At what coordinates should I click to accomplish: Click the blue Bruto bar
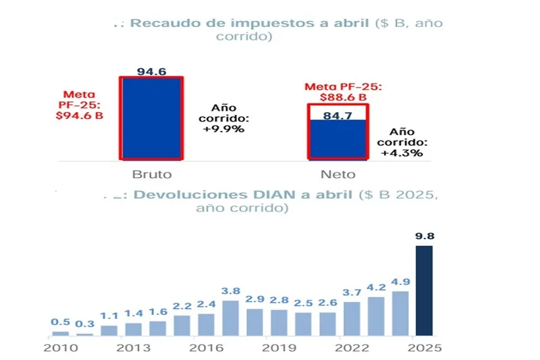click(151, 118)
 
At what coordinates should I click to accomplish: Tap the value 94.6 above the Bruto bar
click(151, 71)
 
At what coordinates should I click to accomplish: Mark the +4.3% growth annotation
click(403, 153)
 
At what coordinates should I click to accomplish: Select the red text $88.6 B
click(344, 97)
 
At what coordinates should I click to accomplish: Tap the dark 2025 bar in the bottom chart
click(424, 290)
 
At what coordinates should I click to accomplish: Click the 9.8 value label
click(424, 237)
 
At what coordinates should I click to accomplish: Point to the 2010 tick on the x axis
click(61, 348)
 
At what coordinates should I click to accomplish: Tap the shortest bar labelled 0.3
click(85, 334)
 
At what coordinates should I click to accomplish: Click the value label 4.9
click(400, 282)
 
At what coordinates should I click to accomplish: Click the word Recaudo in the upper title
click(161, 23)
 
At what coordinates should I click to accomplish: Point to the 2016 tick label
click(206, 348)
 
